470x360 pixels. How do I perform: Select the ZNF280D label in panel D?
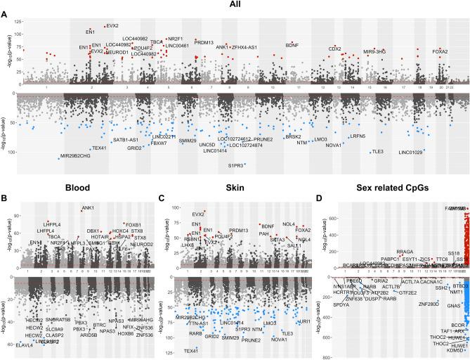(429, 304)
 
